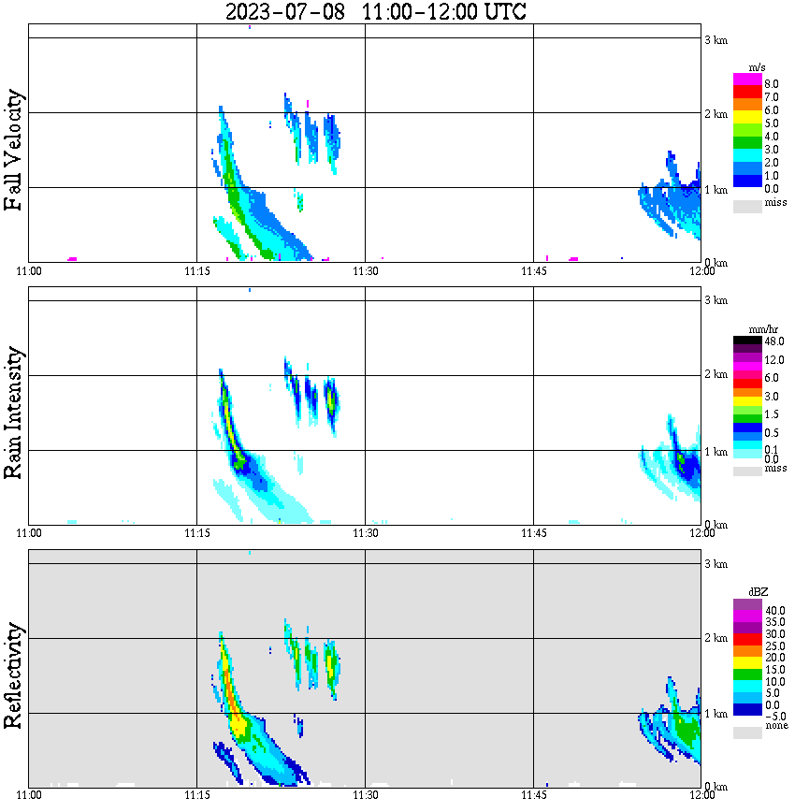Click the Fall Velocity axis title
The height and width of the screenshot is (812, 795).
coord(13,150)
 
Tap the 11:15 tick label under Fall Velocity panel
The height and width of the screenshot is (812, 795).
coord(196,271)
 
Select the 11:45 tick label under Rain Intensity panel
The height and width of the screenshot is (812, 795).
coord(533,533)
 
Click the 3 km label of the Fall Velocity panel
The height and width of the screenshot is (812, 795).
coord(715,39)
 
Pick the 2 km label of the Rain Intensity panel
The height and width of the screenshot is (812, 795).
coord(715,375)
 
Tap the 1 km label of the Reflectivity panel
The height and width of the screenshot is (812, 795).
coord(715,714)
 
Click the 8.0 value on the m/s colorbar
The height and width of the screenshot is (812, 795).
coord(772,84)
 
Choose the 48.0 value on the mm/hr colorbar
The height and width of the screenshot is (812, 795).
coord(773,342)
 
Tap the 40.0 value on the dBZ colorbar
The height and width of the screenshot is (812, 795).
coord(773,610)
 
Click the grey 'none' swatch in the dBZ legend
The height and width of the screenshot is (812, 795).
coord(747,732)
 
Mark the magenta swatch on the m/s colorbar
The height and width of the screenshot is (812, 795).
coord(747,80)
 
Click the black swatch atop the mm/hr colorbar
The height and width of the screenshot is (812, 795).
coord(747,341)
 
